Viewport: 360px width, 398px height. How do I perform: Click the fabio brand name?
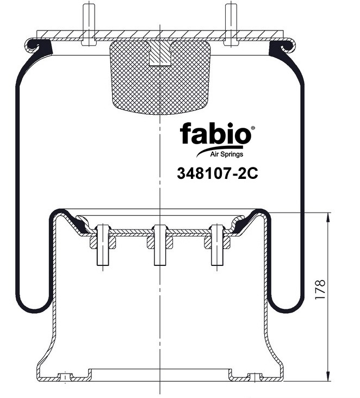pyautogui.click(x=215, y=134)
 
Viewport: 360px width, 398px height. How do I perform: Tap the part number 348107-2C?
pyautogui.click(x=216, y=173)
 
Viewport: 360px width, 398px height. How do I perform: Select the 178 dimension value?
pyautogui.click(x=320, y=291)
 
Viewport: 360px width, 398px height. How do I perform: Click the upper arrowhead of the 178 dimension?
pyautogui.click(x=328, y=217)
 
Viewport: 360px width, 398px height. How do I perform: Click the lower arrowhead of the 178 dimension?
pyautogui.click(x=328, y=376)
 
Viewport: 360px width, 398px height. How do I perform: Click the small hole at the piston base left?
pyautogui.click(x=65, y=376)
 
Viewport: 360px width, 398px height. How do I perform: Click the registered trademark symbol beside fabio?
pyautogui.click(x=252, y=128)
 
